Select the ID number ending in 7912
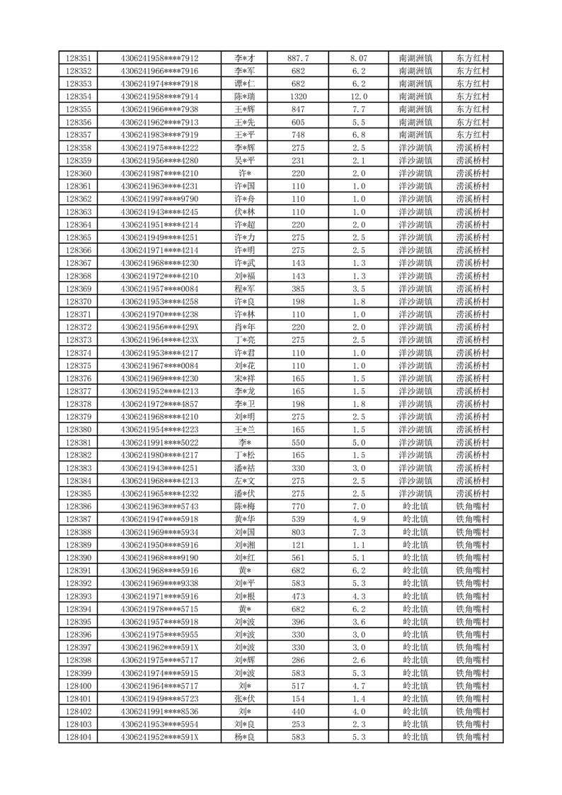[x=159, y=58]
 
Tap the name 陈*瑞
[x=245, y=96]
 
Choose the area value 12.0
[x=359, y=96]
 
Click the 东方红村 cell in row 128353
[x=473, y=84]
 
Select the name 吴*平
[x=245, y=161]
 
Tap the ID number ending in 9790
[x=159, y=199]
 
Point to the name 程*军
[x=245, y=289]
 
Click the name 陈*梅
[x=245, y=507]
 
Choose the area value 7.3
[x=359, y=532]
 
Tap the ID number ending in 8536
[x=159, y=711]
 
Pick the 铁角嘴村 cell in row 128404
[x=473, y=738]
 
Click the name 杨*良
[x=245, y=738]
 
